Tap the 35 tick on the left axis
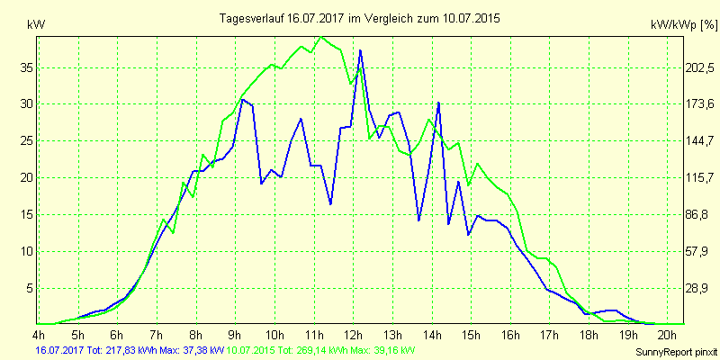click(27, 67)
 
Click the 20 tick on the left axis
click(27, 177)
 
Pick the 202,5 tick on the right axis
click(674, 67)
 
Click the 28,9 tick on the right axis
click(674, 288)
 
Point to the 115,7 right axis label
click(674, 177)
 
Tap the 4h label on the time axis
click(39, 335)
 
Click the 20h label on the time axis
click(667, 335)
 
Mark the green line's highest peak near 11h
click(321, 36)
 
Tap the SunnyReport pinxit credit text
click(674, 351)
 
